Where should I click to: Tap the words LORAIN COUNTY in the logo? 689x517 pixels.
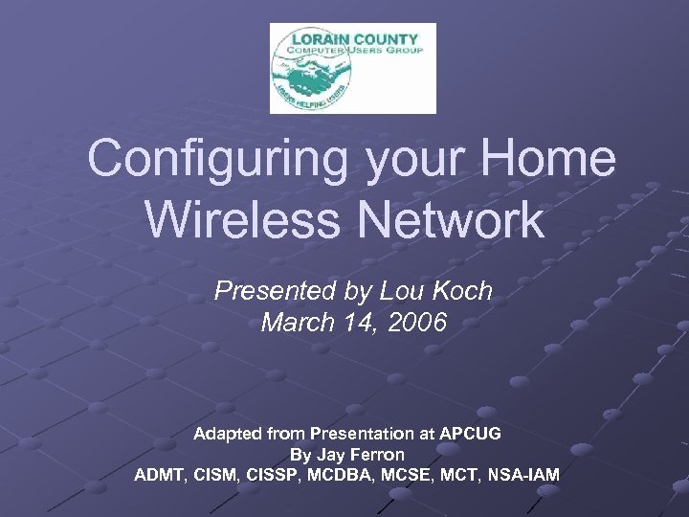[x=351, y=39]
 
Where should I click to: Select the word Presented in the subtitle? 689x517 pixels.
[x=275, y=291]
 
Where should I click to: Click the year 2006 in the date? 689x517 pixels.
[x=416, y=324]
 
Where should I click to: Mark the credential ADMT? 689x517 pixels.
[x=163, y=475]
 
